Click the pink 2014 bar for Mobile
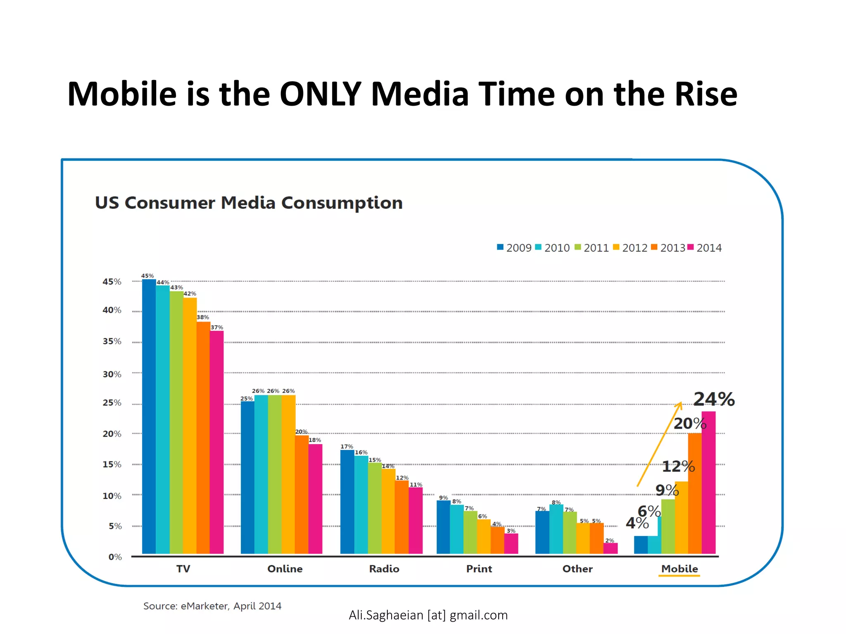[708, 483]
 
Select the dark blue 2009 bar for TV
[149, 417]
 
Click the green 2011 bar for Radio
[375, 508]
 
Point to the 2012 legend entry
[630, 248]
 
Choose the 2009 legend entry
[514, 248]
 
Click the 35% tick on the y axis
[112, 341]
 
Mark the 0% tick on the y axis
[115, 557]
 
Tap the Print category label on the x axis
[479, 569]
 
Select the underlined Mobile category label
[680, 569]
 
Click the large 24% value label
[714, 399]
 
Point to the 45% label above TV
[147, 276]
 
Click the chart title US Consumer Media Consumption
[249, 203]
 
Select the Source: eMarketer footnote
[212, 606]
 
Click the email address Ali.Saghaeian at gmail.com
[428, 615]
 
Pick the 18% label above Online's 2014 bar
[315, 440]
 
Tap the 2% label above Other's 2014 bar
[610, 540]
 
